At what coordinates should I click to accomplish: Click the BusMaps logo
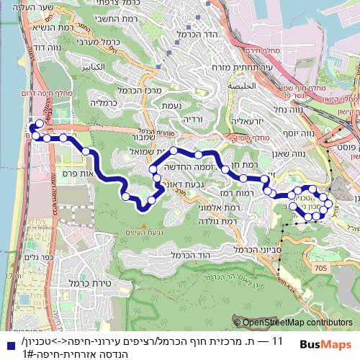point(330,345)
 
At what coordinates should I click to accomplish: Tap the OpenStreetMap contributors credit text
point(296,323)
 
